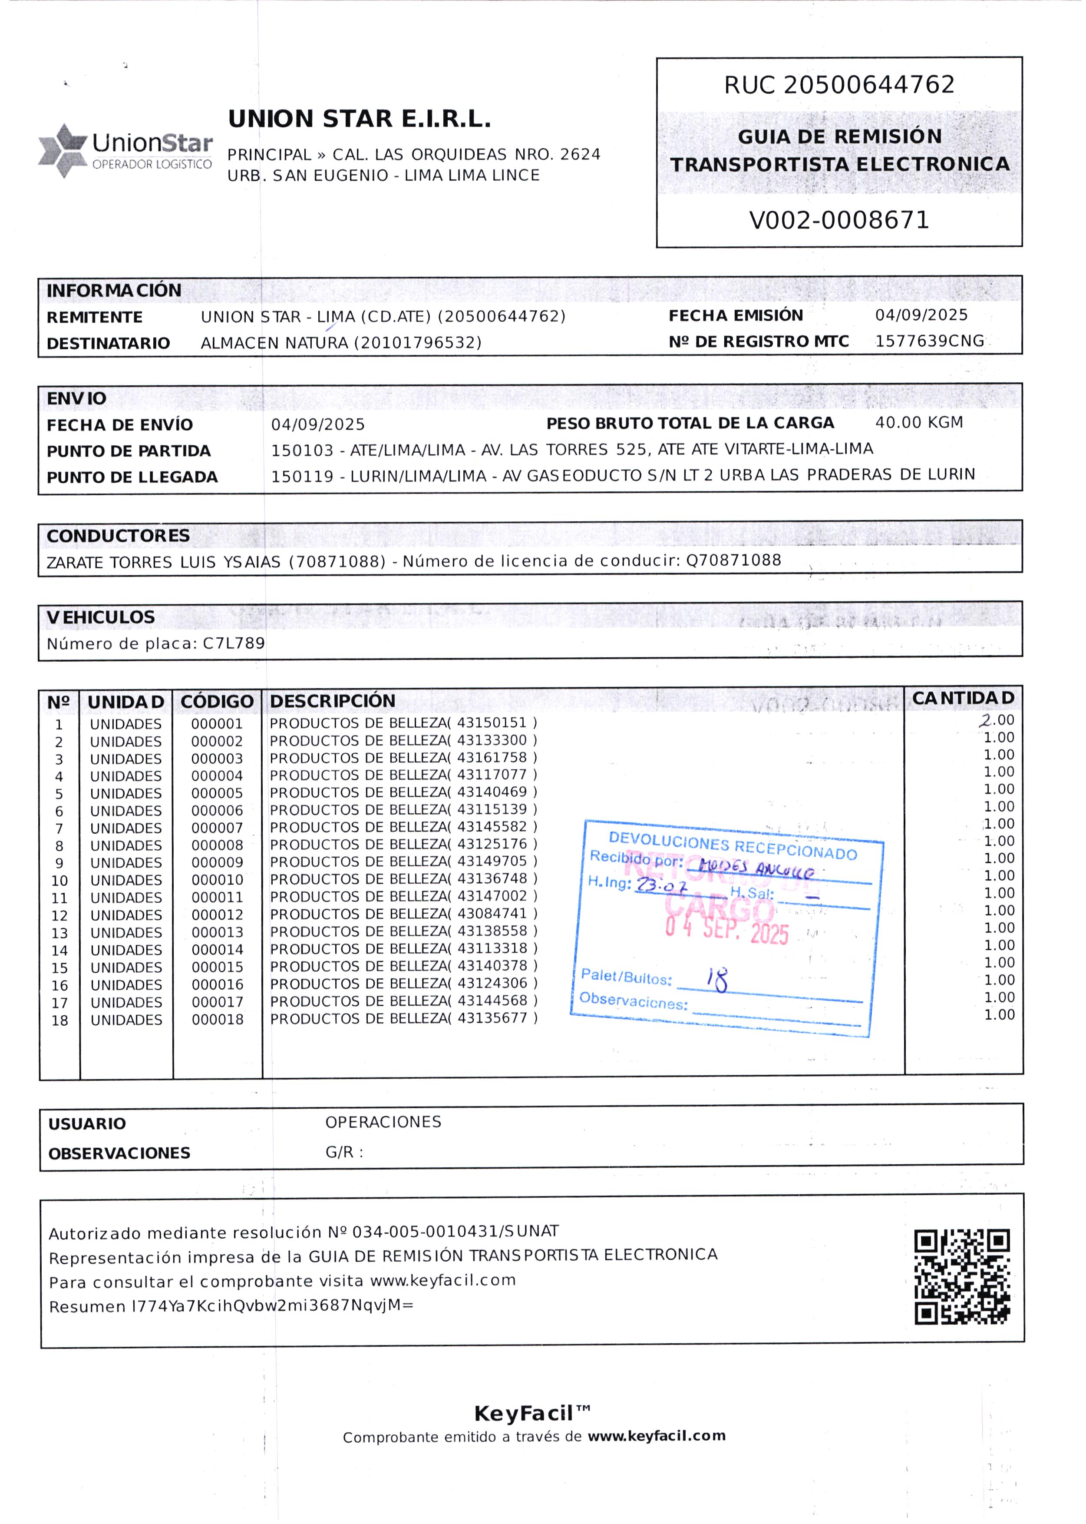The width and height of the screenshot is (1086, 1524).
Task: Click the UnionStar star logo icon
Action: [63, 150]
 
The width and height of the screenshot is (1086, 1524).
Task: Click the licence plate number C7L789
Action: [234, 643]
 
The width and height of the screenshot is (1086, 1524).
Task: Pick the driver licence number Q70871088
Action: [733, 560]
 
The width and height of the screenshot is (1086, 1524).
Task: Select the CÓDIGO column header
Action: [217, 702]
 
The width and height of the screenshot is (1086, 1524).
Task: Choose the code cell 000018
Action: [218, 1020]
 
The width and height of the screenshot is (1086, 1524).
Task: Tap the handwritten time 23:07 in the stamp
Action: [661, 886]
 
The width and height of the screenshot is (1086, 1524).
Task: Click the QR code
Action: [962, 1276]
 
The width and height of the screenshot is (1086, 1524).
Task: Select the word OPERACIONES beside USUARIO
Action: [383, 1122]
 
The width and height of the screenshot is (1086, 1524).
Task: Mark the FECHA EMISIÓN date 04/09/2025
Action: [921, 315]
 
